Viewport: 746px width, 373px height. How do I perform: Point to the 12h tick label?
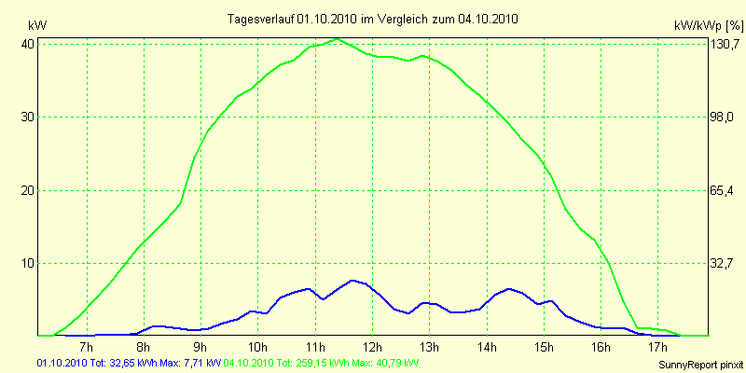[372, 348]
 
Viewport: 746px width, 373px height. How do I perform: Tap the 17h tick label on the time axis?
[658, 348]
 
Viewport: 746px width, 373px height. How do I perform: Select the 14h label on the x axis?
[487, 348]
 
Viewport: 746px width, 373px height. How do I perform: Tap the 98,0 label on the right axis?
[723, 117]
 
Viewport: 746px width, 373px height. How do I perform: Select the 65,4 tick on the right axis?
[723, 190]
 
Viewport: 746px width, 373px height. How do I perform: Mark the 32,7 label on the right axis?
[723, 264]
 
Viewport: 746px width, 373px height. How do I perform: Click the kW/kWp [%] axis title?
[708, 24]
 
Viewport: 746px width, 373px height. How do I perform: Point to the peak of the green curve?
[338, 39]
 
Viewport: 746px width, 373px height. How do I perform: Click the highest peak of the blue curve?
[352, 280]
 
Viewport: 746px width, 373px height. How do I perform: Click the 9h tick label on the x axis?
[200, 348]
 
